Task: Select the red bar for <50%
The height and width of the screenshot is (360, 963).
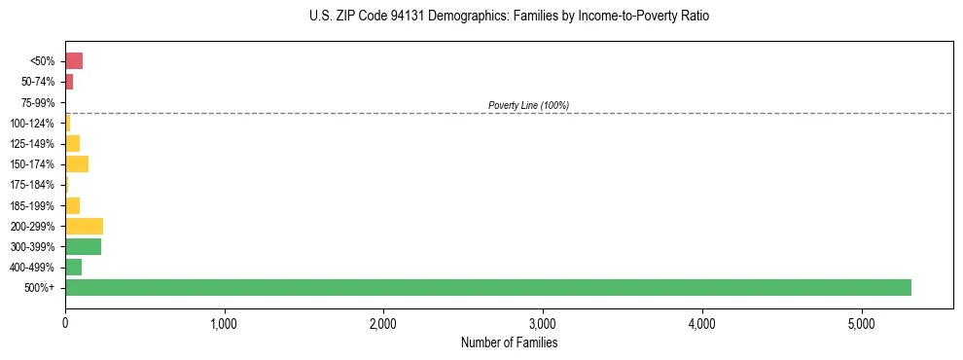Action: pyautogui.click(x=74, y=61)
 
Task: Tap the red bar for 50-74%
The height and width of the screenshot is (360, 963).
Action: pyautogui.click(x=69, y=82)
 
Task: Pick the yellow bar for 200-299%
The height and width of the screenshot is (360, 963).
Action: pyautogui.click(x=84, y=226)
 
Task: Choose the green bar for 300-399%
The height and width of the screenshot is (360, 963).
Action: pyautogui.click(x=83, y=246)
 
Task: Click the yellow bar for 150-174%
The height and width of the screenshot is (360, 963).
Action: pyautogui.click(x=77, y=164)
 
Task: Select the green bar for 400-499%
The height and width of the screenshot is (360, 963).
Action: pyautogui.click(x=73, y=267)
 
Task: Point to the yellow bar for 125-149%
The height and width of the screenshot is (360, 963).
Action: pyautogui.click(x=72, y=144)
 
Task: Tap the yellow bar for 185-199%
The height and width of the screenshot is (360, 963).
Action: pyautogui.click(x=72, y=205)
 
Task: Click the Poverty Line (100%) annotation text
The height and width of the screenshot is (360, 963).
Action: pyautogui.click(x=528, y=105)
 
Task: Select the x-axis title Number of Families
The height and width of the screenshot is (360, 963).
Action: pyautogui.click(x=509, y=342)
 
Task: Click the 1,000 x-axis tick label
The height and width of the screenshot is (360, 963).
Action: pyautogui.click(x=225, y=323)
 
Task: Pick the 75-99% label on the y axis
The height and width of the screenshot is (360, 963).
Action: pyautogui.click(x=40, y=102)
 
